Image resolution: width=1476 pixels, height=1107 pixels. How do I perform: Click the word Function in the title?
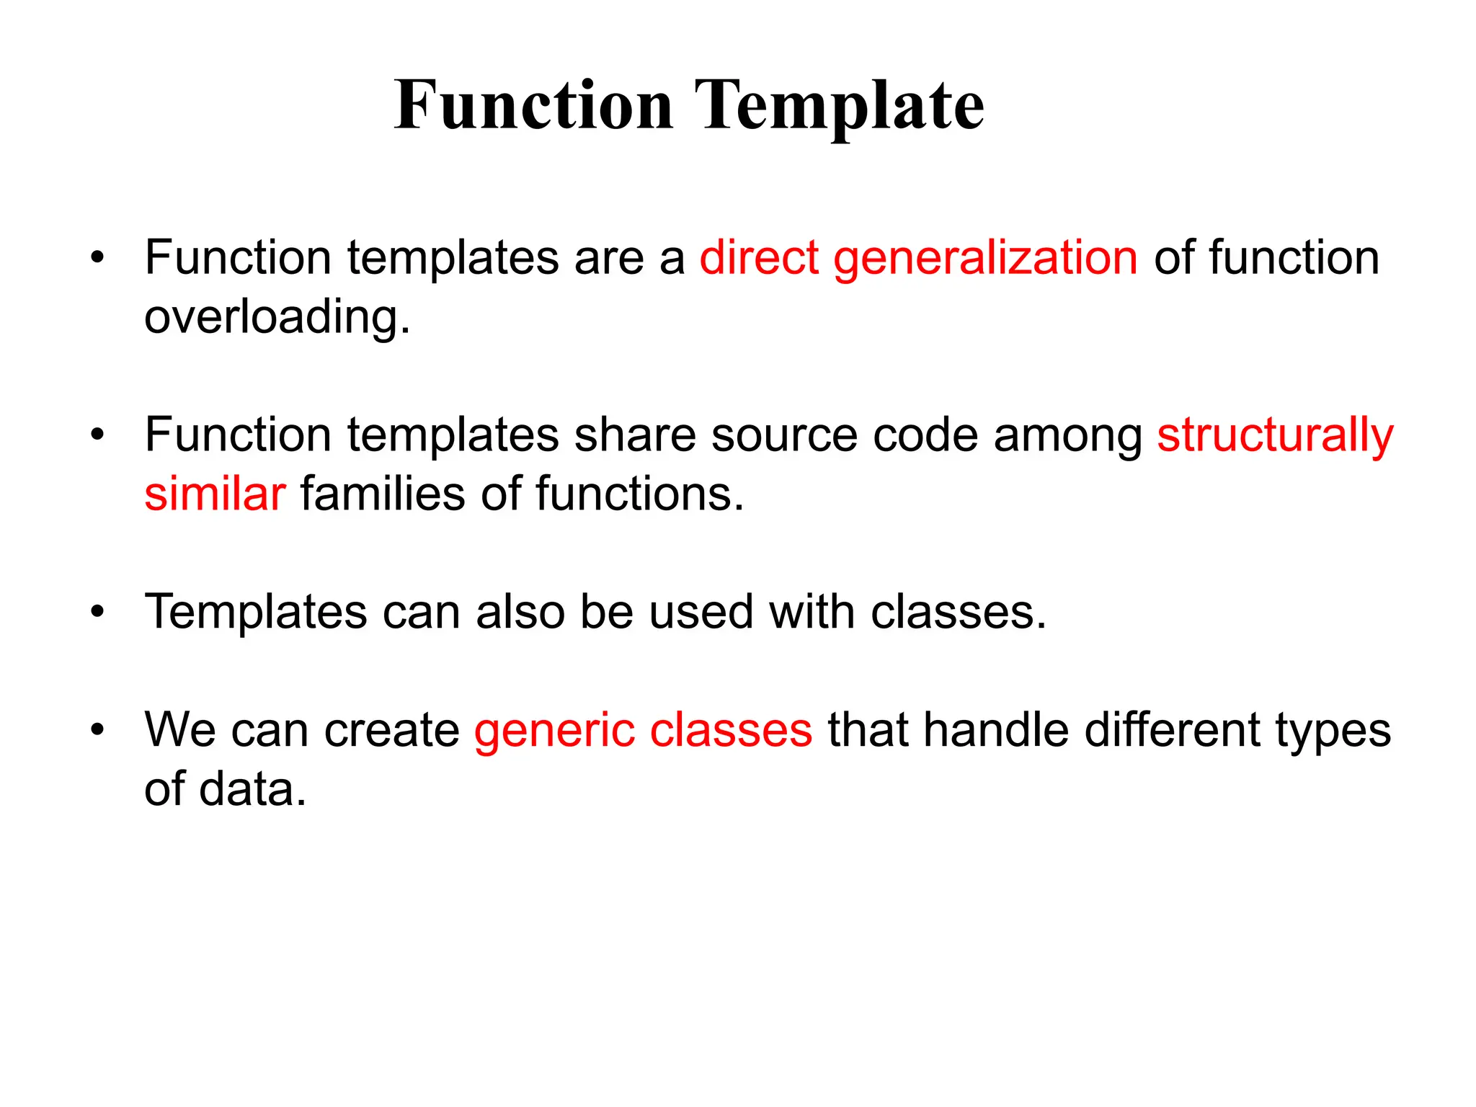[533, 107]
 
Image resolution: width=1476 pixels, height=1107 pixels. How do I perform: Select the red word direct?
[759, 258]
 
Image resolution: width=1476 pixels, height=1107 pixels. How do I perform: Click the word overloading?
[277, 318]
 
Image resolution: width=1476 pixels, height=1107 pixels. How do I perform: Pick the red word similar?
[215, 495]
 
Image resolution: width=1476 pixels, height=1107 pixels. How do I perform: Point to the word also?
[520, 613]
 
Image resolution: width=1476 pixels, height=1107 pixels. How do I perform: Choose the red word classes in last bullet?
[731, 731]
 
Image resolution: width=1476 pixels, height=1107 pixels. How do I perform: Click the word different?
[1172, 731]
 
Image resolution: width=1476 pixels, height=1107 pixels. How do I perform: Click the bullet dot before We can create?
[98, 731]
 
